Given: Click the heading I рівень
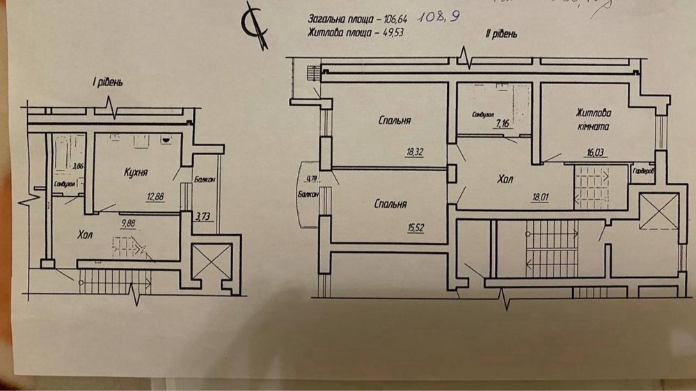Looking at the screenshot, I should click(x=108, y=83).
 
